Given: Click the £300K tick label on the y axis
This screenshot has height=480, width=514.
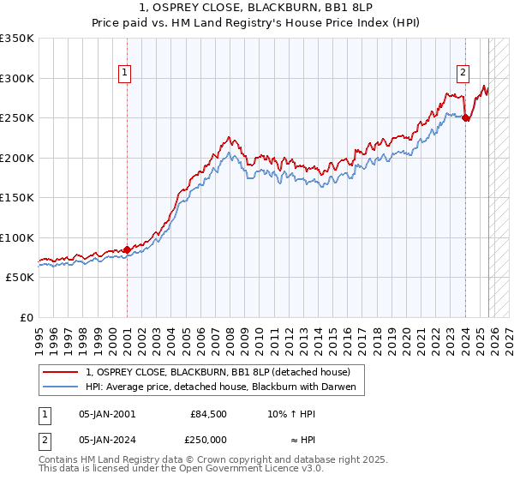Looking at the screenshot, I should (x=17, y=78).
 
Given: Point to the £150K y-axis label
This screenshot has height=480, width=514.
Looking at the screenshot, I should (x=17, y=197).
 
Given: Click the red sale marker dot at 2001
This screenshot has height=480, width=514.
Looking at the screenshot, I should (x=127, y=250).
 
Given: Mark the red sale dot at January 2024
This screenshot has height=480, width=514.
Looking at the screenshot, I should (x=465, y=118).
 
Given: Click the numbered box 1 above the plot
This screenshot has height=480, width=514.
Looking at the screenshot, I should (x=125, y=74).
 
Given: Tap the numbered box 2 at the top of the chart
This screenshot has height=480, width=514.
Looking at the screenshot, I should (x=463, y=74).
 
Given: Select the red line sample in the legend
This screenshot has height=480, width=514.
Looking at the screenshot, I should (x=61, y=372).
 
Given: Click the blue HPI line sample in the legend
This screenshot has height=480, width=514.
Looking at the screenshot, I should (x=61, y=387).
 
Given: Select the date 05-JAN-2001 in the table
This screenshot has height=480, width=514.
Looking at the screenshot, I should (x=106, y=413).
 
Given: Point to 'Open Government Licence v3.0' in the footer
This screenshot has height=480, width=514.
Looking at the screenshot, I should (x=254, y=469).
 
